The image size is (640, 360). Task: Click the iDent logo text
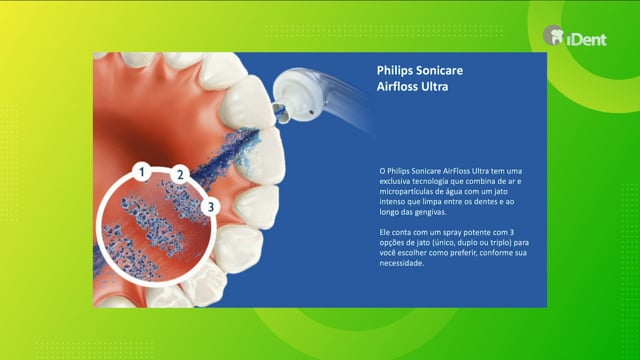[586, 40]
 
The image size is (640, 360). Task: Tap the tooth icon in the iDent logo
[553, 36]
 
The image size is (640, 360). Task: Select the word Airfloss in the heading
[397, 87]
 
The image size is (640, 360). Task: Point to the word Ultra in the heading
[435, 87]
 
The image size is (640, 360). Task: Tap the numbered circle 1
[142, 172]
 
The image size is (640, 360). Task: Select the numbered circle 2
[180, 175]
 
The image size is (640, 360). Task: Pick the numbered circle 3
[211, 207]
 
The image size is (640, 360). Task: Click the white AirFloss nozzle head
[297, 95]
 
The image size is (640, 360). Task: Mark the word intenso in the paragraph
[391, 202]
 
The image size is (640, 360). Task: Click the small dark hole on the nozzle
[312, 111]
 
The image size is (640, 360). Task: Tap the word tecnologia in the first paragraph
[429, 181]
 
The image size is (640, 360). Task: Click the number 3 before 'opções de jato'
[511, 233]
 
